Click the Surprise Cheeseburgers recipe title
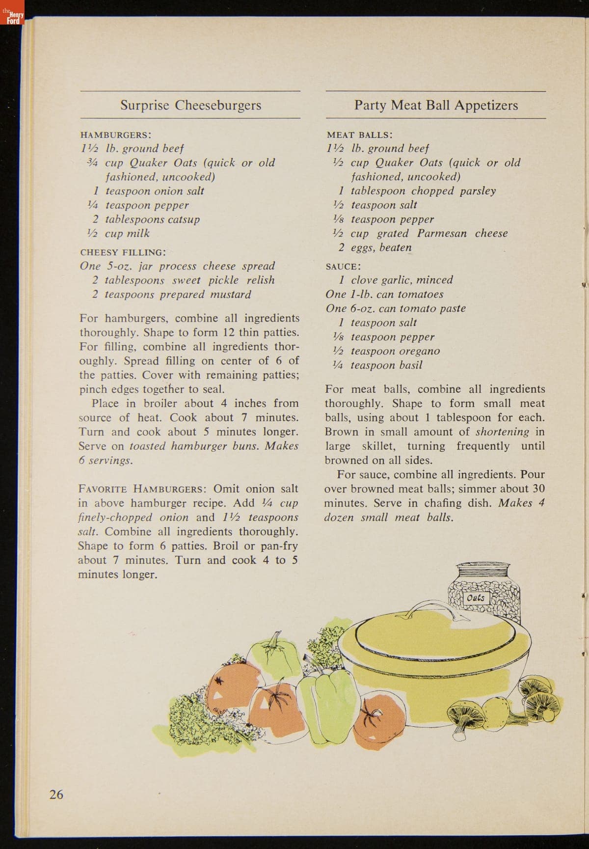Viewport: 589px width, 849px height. [x=190, y=105]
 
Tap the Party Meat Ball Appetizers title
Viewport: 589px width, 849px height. [x=436, y=105]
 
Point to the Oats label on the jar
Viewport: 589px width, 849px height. [x=476, y=598]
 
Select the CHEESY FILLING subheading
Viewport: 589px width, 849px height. [x=122, y=252]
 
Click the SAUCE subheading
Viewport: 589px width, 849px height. [x=343, y=267]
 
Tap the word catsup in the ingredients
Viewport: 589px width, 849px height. [x=184, y=219]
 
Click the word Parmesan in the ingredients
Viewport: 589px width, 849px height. [x=442, y=233]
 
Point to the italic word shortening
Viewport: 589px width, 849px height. [x=502, y=432]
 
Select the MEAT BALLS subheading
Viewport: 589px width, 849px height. [x=359, y=135]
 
